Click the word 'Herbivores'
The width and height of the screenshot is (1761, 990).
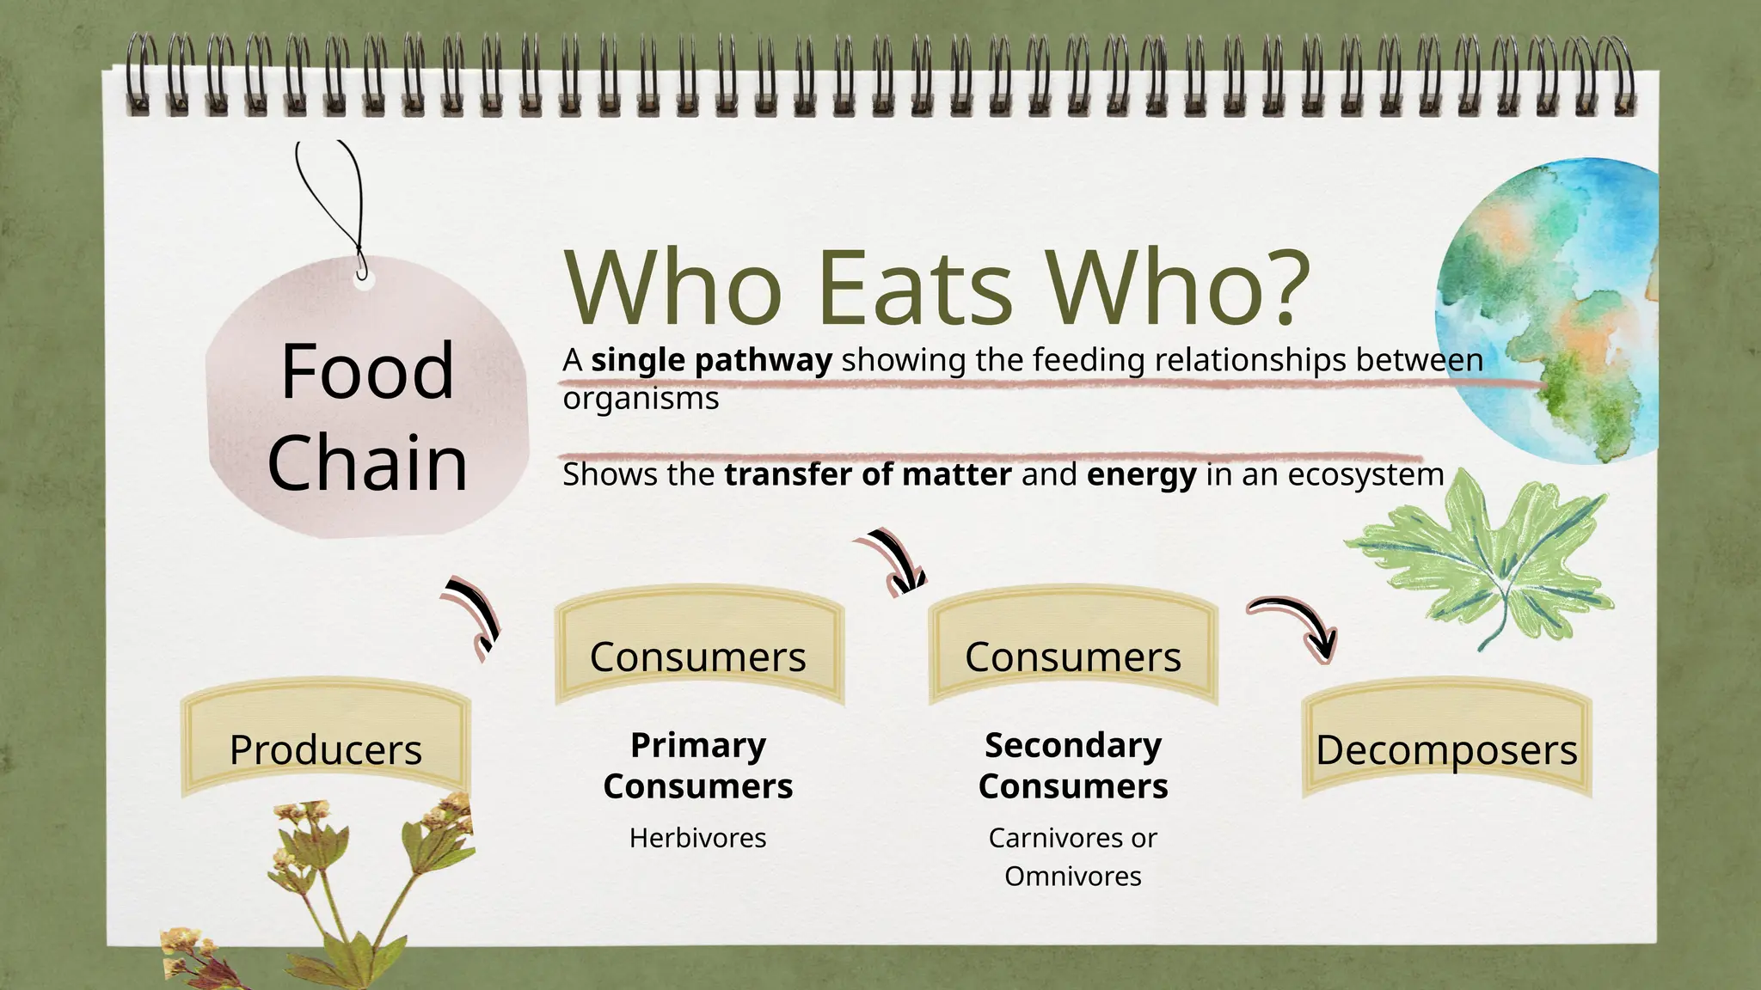coord(697,837)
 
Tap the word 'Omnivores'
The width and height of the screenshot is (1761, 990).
coord(1072,876)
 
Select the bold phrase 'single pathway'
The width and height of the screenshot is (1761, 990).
coord(711,360)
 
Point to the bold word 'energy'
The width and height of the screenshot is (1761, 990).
coord(1141,474)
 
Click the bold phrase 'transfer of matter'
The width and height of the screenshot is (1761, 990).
coord(868,474)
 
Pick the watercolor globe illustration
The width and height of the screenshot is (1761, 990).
coord(1548,309)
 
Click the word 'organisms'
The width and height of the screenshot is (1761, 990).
coord(641,398)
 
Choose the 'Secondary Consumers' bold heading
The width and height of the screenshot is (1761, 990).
coord(1073,765)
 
